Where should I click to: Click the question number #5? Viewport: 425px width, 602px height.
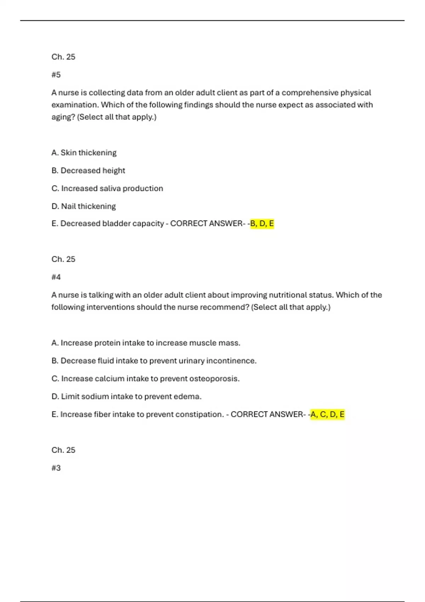(x=56, y=75)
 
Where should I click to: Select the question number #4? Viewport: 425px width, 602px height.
(x=56, y=277)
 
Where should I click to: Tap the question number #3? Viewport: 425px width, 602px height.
(x=56, y=468)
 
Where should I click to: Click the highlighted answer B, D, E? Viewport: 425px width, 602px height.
(x=262, y=223)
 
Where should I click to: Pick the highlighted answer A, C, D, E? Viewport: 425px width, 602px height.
(x=327, y=414)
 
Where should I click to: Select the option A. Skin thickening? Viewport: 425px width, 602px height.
(x=84, y=153)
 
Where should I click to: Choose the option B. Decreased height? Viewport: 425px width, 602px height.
(x=88, y=170)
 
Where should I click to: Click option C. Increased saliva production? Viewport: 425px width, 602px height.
(x=107, y=188)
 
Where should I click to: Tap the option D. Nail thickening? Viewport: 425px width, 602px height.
(x=84, y=206)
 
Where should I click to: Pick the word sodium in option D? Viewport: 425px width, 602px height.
(x=95, y=396)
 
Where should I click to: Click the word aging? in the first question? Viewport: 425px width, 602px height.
(x=63, y=117)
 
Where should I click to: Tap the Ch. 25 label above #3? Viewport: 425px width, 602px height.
(x=63, y=450)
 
